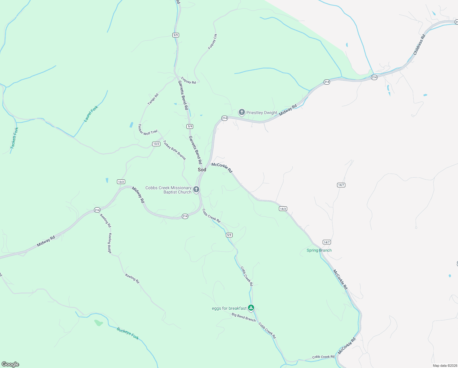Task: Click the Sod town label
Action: tap(202, 170)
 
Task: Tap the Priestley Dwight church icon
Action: tap(242, 112)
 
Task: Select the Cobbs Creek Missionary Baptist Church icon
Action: tap(196, 190)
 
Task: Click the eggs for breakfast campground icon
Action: tap(251, 308)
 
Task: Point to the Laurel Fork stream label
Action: tap(91, 114)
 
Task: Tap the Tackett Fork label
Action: tap(14, 138)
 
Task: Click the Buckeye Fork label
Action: tap(128, 333)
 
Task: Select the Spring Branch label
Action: tap(319, 250)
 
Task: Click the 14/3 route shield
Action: tap(283, 209)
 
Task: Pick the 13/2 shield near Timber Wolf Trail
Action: tap(156, 144)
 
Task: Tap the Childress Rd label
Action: tap(419, 45)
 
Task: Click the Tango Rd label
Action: tap(153, 99)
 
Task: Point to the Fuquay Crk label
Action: tap(212, 42)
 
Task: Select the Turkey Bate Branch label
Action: tap(174, 150)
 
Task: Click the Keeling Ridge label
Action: tap(110, 243)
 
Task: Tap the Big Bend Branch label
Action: tap(244, 317)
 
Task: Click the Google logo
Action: tap(10, 364)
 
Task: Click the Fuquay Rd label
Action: tap(188, 80)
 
